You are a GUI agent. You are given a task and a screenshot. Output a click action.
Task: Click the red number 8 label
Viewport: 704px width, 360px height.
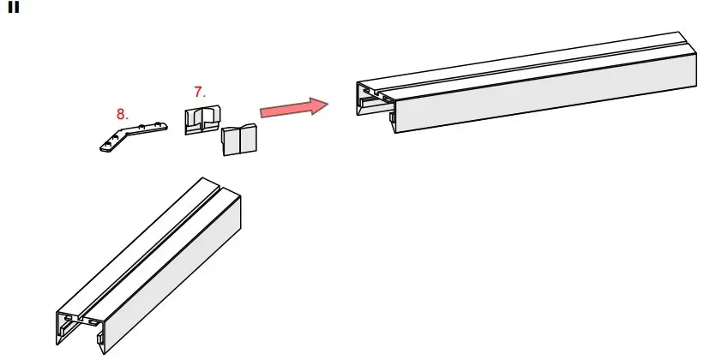click(x=123, y=113)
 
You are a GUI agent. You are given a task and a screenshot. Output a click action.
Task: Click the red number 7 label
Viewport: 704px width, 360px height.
click(x=200, y=91)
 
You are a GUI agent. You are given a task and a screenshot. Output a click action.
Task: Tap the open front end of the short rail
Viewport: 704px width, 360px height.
click(x=80, y=326)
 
